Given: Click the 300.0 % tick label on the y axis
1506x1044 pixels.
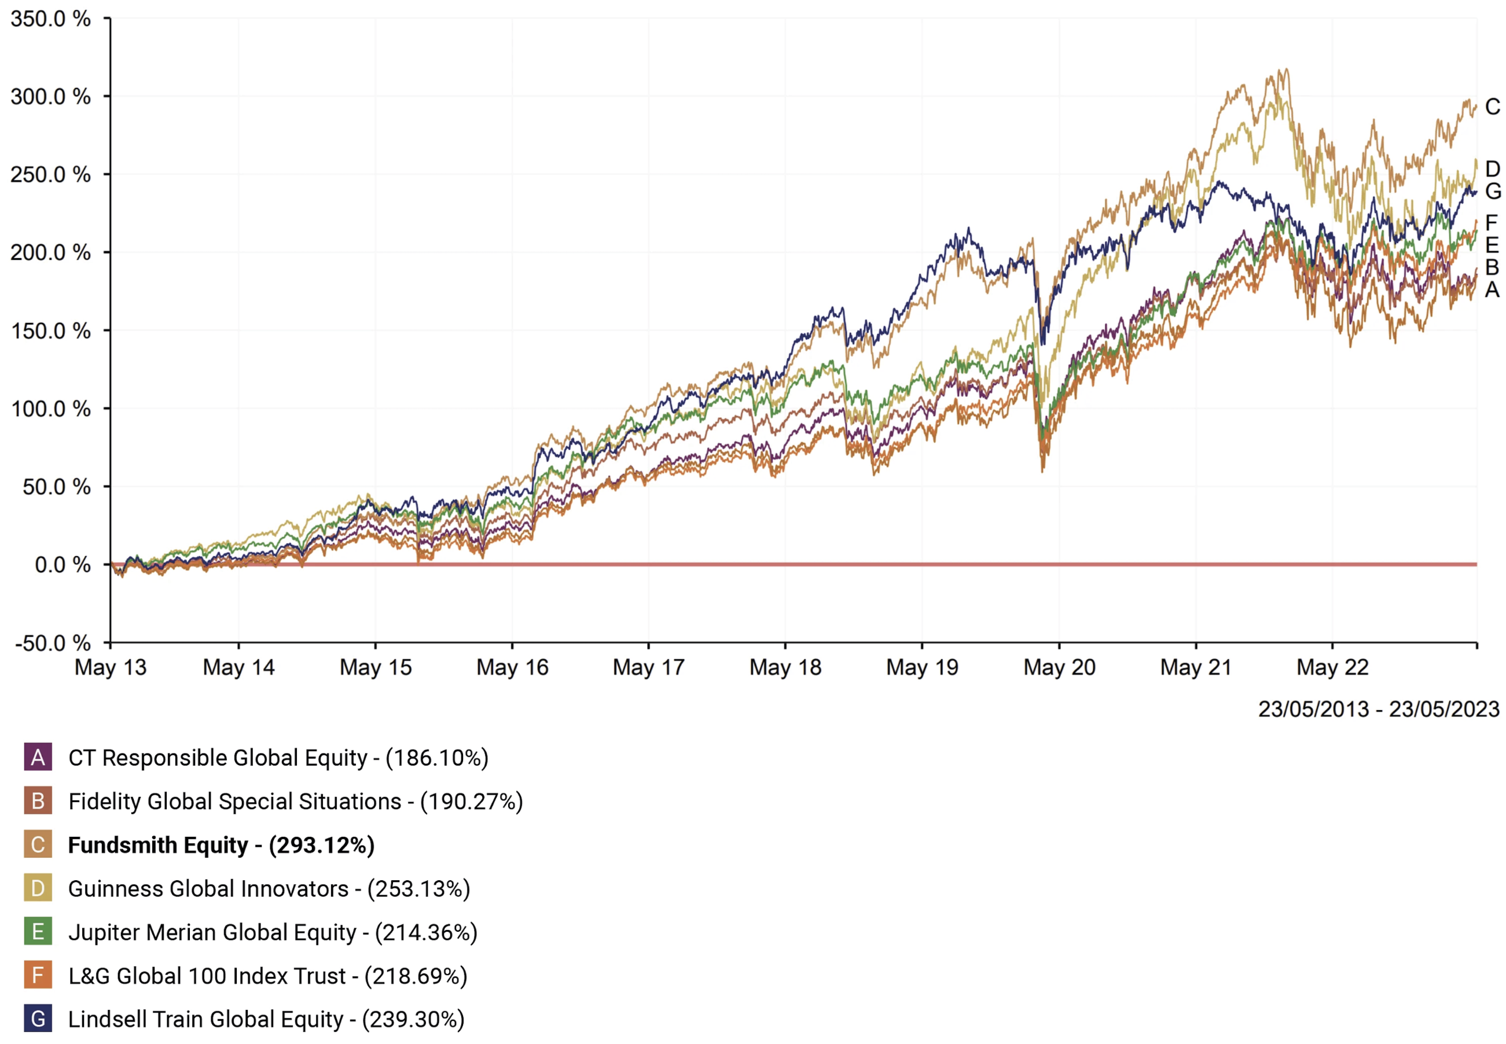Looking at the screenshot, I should tap(50, 97).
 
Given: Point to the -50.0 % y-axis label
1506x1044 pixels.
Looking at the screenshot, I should tap(52, 643).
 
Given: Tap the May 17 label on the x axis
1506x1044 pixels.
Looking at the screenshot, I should tap(648, 667).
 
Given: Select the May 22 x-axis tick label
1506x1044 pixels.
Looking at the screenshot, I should tap(1332, 667).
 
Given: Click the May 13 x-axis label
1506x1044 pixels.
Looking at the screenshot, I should tap(111, 667).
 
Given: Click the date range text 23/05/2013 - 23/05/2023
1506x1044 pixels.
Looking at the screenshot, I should tap(1378, 709).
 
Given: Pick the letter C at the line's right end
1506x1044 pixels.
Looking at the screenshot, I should tap(1492, 106).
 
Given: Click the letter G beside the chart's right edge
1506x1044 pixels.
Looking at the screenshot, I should tap(1492, 191).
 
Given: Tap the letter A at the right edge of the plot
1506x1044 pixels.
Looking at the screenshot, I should tap(1492, 289).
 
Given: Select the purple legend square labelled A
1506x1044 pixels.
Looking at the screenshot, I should tap(38, 758).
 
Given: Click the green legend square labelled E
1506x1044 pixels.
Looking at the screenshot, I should tap(38, 932).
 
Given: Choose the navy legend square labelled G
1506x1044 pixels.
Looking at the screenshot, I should tap(38, 1019).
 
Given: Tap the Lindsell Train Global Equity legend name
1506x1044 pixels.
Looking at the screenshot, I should tap(205, 1019).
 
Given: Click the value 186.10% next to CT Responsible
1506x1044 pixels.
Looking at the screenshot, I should tap(437, 758).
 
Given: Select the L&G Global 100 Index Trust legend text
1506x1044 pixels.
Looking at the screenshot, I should tap(207, 976).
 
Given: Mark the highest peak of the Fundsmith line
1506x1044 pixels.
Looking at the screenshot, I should tap(1287, 69).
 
